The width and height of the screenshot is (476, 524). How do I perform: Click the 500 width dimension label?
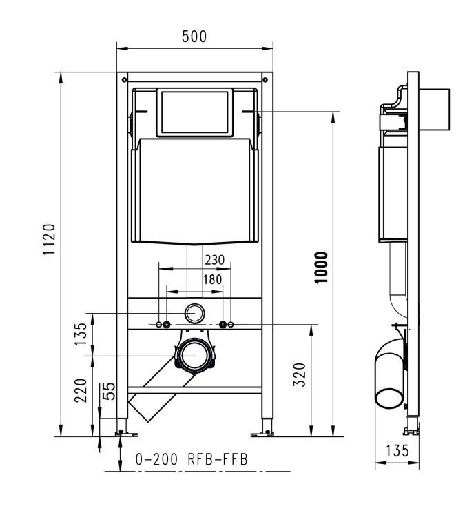[194, 37]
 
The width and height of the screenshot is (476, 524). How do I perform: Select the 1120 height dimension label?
[49, 240]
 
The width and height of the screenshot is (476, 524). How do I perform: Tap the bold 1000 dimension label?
[322, 268]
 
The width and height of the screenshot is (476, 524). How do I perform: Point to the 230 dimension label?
[215, 260]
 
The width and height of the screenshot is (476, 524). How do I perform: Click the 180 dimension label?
[213, 279]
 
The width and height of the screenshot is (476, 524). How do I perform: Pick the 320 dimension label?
[300, 374]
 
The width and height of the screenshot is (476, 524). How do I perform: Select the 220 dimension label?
[81, 390]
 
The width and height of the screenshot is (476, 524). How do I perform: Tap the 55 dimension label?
[109, 391]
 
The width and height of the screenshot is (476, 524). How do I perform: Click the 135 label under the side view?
[397, 451]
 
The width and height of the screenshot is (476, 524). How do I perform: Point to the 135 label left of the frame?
[81, 334]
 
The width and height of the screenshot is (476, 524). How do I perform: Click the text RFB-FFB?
[218, 459]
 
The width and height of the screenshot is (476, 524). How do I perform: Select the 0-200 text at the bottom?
[156, 459]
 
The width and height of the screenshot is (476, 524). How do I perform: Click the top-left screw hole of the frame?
[124, 80]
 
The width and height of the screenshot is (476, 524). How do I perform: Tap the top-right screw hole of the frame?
[265, 80]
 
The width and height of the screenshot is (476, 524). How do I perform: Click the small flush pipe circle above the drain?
[194, 313]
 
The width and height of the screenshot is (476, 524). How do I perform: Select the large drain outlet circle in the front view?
[195, 356]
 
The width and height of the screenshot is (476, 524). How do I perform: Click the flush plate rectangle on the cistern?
[195, 112]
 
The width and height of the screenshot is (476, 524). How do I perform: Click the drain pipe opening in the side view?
[389, 398]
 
